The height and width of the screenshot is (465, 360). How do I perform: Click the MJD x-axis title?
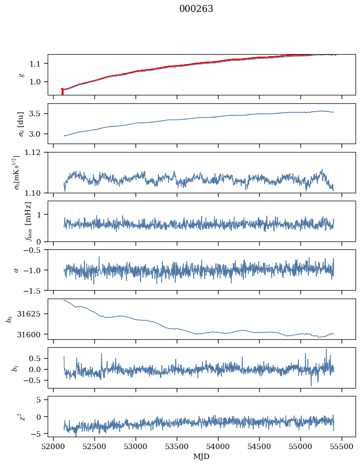(202, 457)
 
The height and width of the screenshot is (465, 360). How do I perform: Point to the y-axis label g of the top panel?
(21, 75)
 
